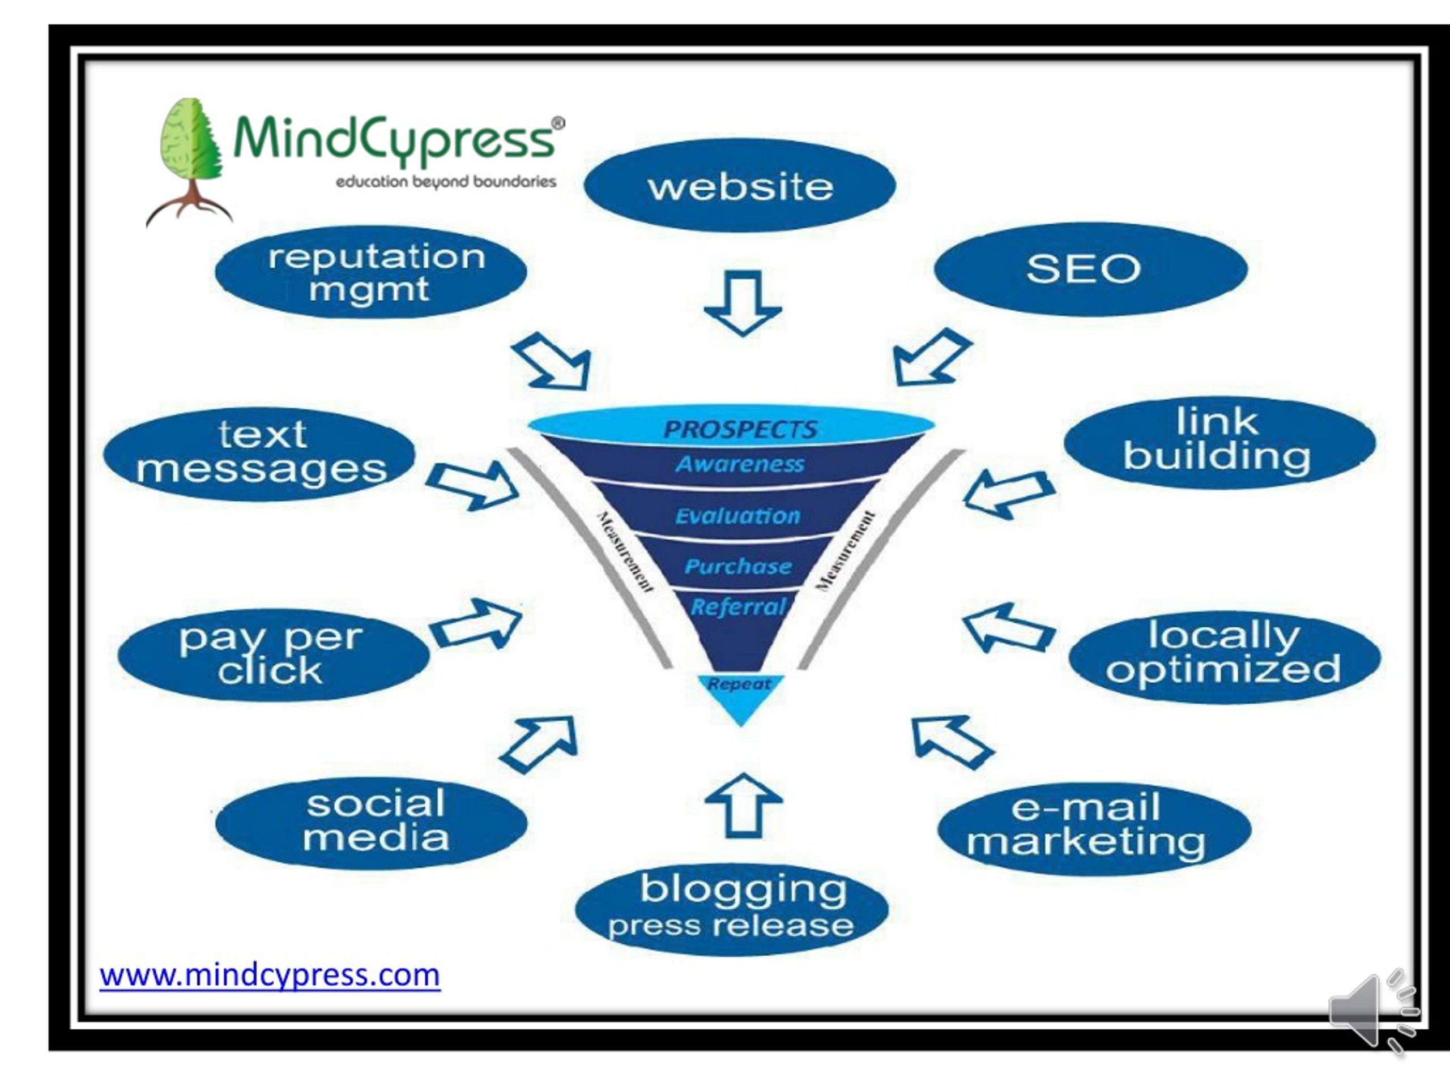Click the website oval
tap(739, 186)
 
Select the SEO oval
tap(1090, 269)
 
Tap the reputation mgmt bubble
tap(371, 272)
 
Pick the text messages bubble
tap(259, 453)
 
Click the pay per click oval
tap(272, 654)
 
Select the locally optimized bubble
tap(1224, 657)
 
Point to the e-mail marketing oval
tap(1094, 828)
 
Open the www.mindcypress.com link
tap(270, 975)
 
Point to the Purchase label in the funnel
tap(738, 566)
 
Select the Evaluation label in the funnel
tap(738, 516)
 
